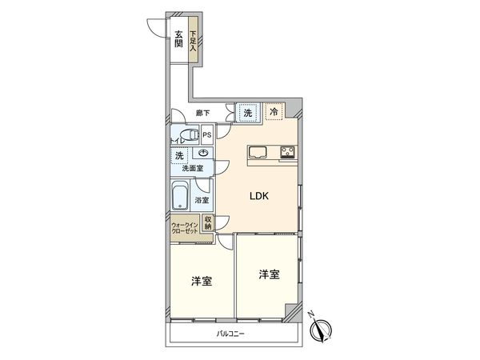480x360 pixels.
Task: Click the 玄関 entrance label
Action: tap(178, 37)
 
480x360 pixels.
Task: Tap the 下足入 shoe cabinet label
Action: tap(193, 40)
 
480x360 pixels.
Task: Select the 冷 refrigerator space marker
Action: tap(274, 114)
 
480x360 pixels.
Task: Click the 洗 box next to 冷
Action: tap(247, 114)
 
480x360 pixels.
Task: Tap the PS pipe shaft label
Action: tap(207, 135)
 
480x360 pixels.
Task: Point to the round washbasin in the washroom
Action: tap(204, 153)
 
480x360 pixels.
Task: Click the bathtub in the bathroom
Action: tap(180, 196)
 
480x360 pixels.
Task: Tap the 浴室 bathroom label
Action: tap(203, 200)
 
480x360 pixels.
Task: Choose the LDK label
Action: tap(258, 194)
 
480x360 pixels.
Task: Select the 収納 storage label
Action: tap(208, 223)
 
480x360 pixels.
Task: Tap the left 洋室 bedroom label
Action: tap(201, 282)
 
